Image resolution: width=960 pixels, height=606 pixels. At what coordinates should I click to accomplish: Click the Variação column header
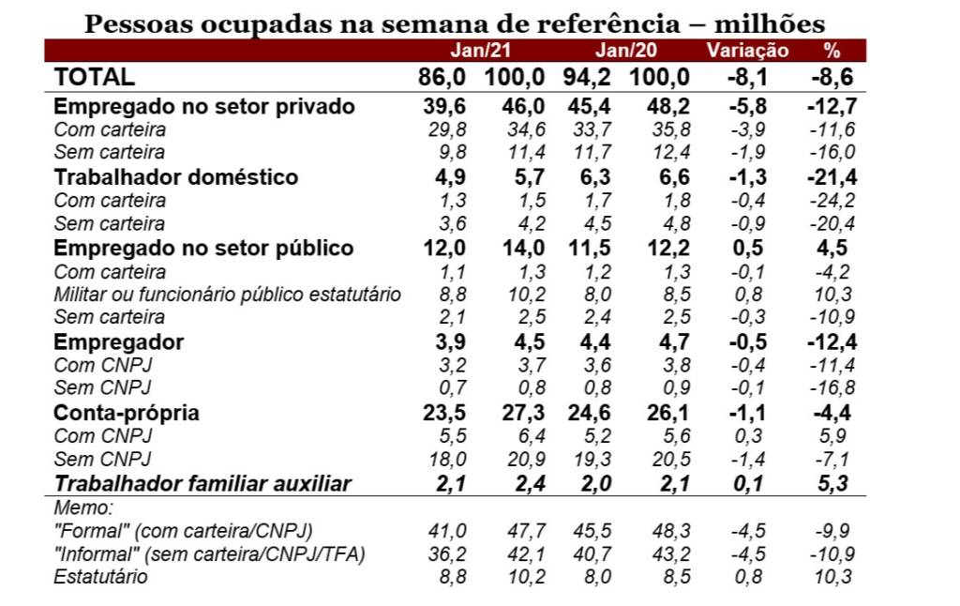click(x=747, y=51)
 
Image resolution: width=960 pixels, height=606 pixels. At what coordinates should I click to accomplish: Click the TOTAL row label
click(x=95, y=78)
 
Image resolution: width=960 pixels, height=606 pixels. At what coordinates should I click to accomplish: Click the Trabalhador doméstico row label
click(x=176, y=177)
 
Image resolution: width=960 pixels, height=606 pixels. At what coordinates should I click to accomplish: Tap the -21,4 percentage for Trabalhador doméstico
click(x=830, y=177)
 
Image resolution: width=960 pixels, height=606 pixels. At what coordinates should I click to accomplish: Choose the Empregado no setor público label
click(x=204, y=249)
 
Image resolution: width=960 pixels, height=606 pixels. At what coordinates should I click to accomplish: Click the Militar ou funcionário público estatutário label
click(x=228, y=295)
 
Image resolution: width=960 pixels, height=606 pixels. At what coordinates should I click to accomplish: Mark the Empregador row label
click(x=119, y=342)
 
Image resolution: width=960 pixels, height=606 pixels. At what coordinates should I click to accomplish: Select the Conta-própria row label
click(x=127, y=414)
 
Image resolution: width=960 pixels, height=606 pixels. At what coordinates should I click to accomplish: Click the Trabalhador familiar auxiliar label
click(x=202, y=484)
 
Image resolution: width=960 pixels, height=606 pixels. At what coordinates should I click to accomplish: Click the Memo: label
click(x=83, y=508)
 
